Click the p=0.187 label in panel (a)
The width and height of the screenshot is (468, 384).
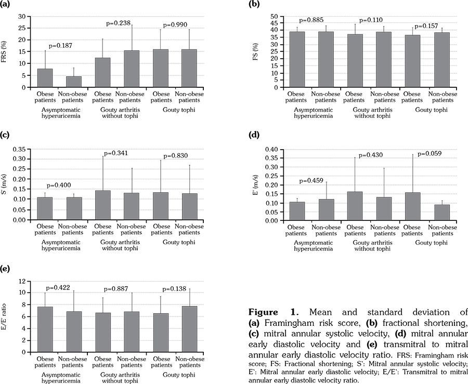point(60,46)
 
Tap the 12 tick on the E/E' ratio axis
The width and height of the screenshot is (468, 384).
point(21,281)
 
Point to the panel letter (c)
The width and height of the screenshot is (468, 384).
point(6,137)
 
